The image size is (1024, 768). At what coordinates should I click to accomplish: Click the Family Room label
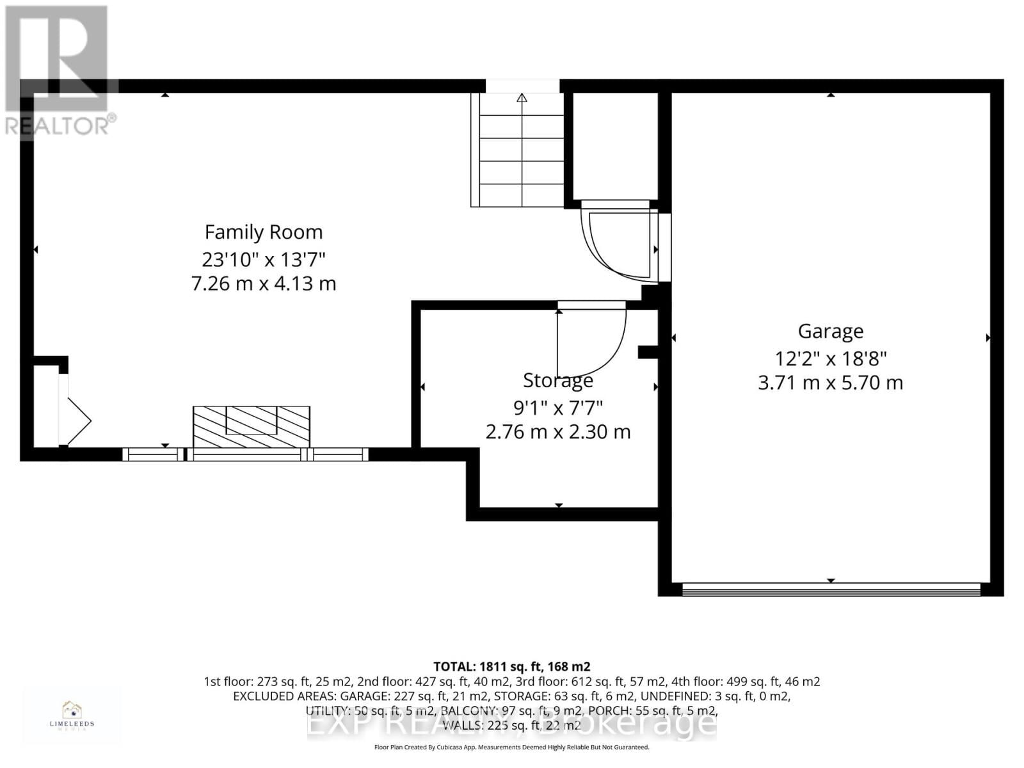[x=263, y=232]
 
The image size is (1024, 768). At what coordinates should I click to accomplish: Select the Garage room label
[x=830, y=331]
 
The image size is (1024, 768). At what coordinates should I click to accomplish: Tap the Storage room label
[x=557, y=380]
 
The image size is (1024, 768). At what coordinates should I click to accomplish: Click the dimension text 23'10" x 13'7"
[x=263, y=259]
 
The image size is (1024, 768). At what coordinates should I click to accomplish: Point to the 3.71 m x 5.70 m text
[x=830, y=383]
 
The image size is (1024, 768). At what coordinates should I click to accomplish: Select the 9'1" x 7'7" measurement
[x=557, y=407]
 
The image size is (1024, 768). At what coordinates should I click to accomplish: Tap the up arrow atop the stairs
[x=522, y=98]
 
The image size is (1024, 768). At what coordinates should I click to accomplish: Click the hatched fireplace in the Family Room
[x=251, y=426]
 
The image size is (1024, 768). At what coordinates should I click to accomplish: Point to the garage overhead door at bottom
[x=830, y=589]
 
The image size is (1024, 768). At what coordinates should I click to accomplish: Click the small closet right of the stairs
[x=614, y=146]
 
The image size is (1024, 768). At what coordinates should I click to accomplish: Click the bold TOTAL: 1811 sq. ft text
[x=511, y=666]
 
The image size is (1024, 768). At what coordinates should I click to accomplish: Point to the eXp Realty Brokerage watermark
[x=511, y=724]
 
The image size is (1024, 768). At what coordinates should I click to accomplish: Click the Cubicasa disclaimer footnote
[x=511, y=747]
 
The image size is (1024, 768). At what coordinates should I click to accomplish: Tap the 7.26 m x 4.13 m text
[x=263, y=284]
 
